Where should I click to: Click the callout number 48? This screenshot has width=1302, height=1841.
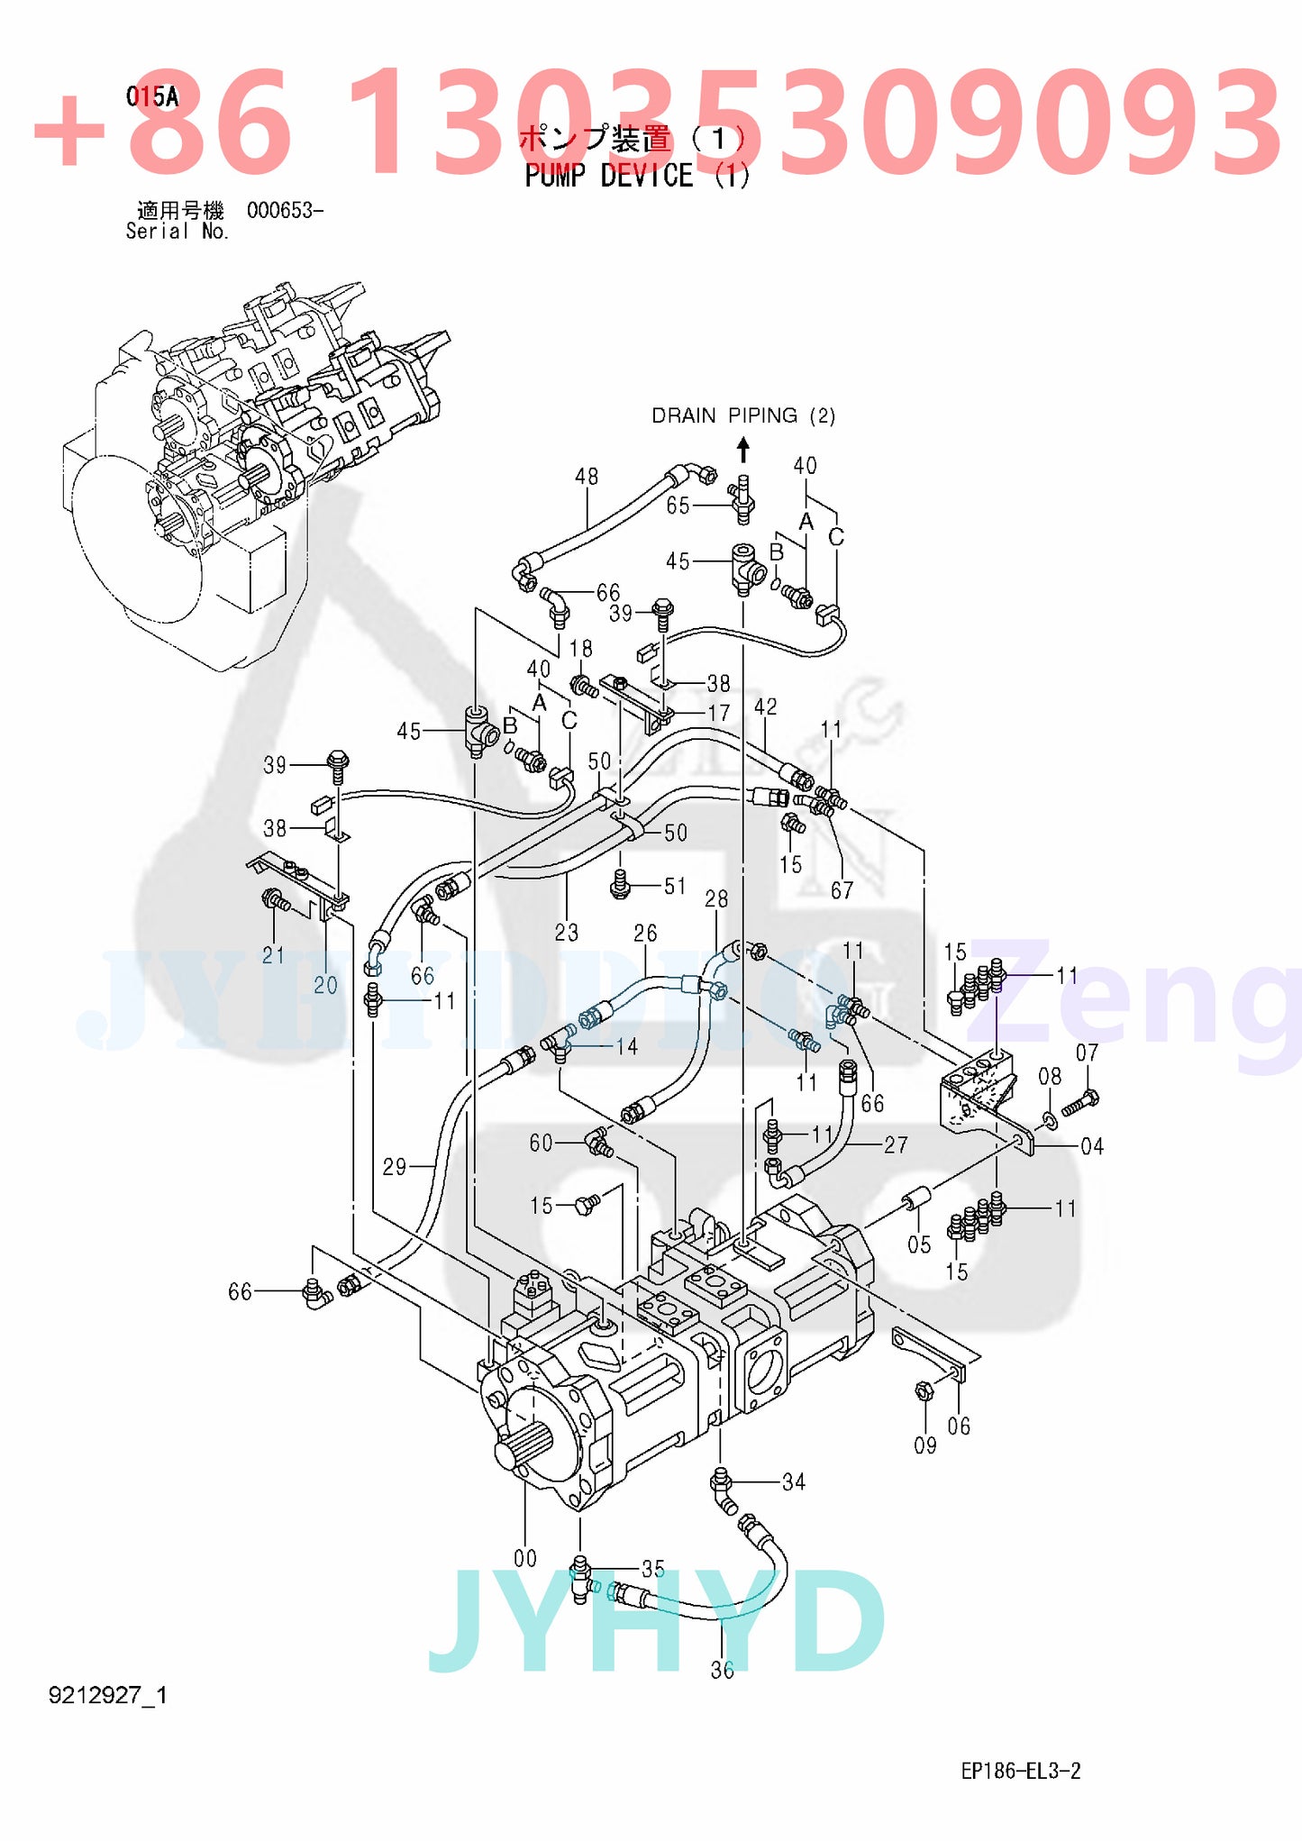(586, 476)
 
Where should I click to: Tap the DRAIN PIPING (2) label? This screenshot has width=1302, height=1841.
(743, 415)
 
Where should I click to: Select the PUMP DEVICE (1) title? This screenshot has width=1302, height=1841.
(637, 176)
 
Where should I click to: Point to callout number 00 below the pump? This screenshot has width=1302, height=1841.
(525, 1558)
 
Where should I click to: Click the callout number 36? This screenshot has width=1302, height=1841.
(722, 1671)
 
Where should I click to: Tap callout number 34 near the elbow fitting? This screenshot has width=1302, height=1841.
(794, 1481)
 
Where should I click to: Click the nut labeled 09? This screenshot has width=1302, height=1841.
(922, 1390)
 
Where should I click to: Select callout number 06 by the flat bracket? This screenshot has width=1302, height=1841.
(959, 1426)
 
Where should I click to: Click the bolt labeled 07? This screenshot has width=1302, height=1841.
(1079, 1102)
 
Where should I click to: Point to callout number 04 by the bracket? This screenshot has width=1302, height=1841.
(1092, 1145)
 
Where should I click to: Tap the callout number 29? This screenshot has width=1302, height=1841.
(395, 1167)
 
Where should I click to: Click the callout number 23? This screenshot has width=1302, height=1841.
(567, 932)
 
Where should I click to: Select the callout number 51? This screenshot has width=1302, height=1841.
(675, 886)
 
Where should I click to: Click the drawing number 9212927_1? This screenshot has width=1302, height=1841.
(108, 1696)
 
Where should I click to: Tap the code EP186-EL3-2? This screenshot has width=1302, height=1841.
(1021, 1771)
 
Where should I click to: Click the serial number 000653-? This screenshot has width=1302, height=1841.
(285, 211)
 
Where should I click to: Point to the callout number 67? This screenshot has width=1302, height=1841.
(842, 890)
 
